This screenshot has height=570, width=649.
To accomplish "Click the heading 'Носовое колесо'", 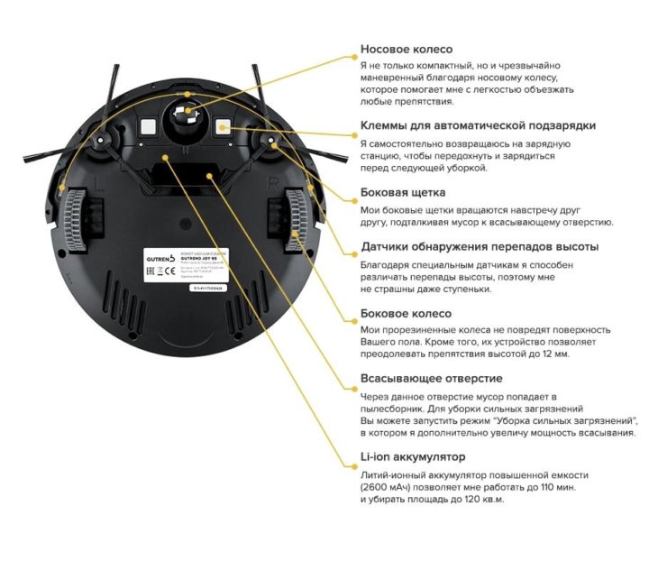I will point(407,50).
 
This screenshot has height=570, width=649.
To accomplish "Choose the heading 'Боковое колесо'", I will point(406,313).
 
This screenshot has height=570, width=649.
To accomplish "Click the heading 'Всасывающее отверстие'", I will point(432,379).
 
